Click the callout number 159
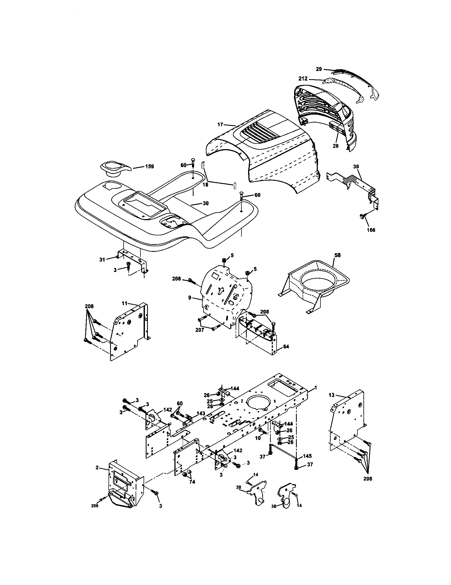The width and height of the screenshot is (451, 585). click(x=149, y=166)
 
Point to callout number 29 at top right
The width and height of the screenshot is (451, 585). click(x=319, y=69)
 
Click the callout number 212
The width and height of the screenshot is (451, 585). click(x=303, y=79)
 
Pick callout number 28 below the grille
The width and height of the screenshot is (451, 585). click(x=335, y=146)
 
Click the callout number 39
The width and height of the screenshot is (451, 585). click(x=356, y=166)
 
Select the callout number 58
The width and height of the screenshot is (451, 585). click(x=337, y=255)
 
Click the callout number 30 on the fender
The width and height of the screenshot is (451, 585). click(x=205, y=203)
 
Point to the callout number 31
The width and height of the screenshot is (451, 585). click(x=102, y=259)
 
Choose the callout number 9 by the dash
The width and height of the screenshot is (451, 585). click(x=190, y=297)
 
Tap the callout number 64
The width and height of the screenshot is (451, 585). click(x=286, y=346)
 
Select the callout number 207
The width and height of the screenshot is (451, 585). click(x=200, y=330)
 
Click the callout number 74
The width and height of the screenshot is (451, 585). click(x=192, y=482)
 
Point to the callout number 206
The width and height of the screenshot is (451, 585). click(x=95, y=506)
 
